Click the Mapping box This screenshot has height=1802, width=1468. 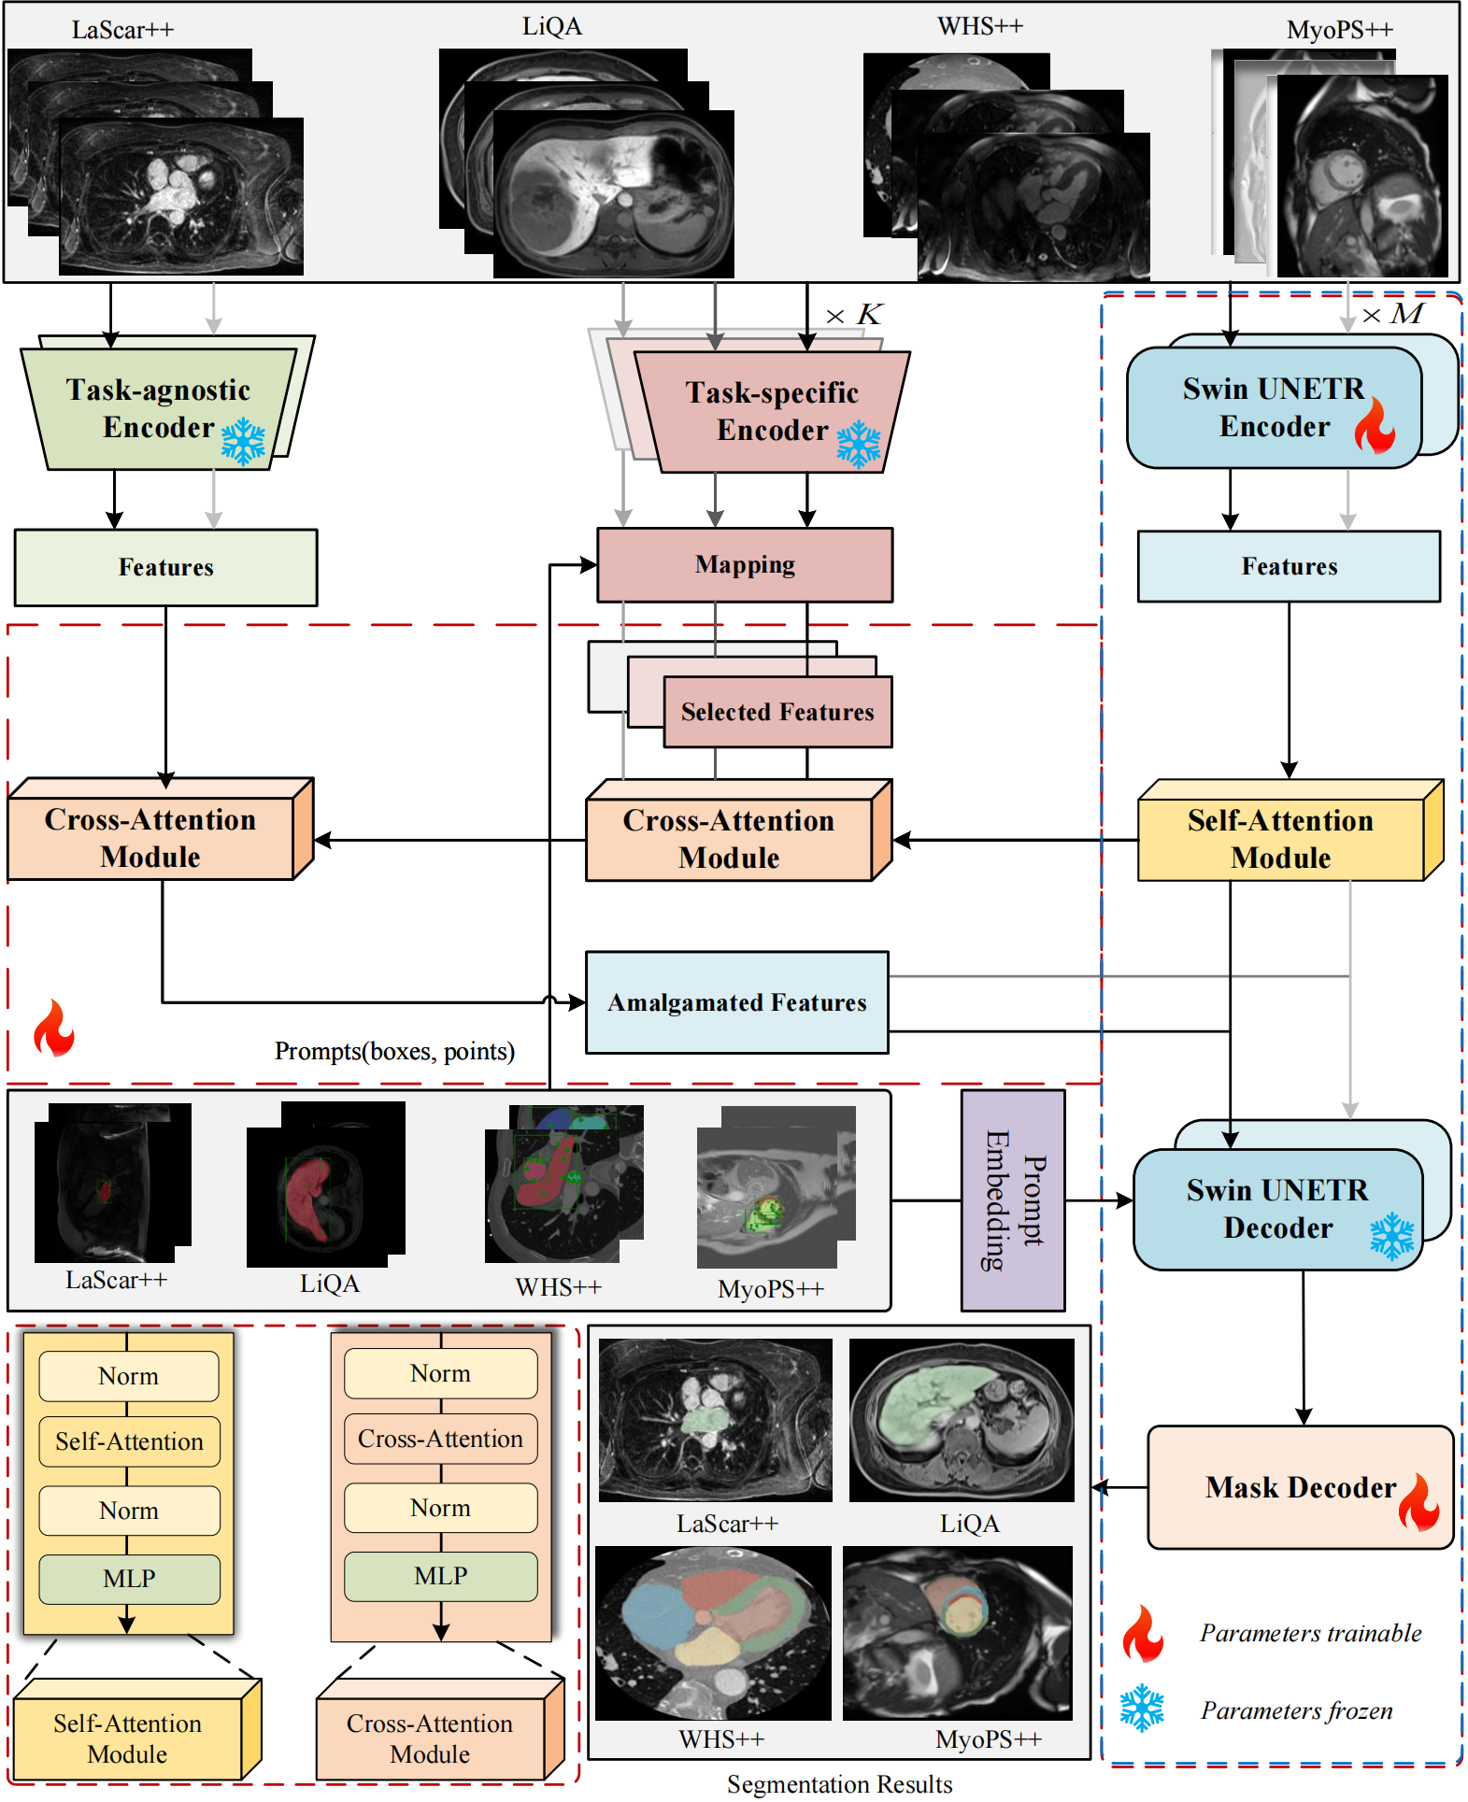pyautogui.click(x=745, y=565)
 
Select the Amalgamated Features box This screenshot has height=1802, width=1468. pyautogui.click(x=736, y=1002)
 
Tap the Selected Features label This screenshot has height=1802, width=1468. pyautogui.click(x=777, y=713)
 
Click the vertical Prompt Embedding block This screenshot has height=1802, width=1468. pyautogui.click(x=1013, y=1200)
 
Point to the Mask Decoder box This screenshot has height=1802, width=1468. pyautogui.click(x=1300, y=1487)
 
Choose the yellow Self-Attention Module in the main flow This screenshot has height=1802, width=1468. pyautogui.click(x=1280, y=839)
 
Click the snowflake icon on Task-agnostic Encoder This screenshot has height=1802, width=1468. pyautogui.click(x=243, y=441)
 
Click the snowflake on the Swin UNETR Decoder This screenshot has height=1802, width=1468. pyautogui.click(x=1391, y=1236)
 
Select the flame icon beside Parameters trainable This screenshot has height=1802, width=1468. pyautogui.click(x=1143, y=1633)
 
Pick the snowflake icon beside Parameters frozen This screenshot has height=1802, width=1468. pyautogui.click(x=1142, y=1709)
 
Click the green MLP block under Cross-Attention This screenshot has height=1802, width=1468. pyautogui.click(x=440, y=1576)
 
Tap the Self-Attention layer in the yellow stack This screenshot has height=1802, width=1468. pyautogui.click(x=129, y=1441)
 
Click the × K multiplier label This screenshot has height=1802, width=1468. pyautogui.click(x=854, y=315)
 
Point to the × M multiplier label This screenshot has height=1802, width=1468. pyautogui.click(x=1392, y=315)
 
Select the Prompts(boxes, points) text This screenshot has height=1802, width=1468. pyautogui.click(x=394, y=1052)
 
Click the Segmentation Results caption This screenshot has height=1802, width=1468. pyautogui.click(x=839, y=1784)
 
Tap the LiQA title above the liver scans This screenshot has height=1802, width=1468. pyautogui.click(x=551, y=26)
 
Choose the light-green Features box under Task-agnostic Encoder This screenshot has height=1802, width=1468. pyautogui.click(x=165, y=568)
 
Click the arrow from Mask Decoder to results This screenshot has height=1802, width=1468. pyautogui.click(x=1119, y=1487)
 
